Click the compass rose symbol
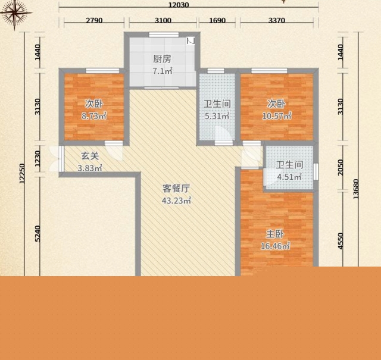coord(15,12)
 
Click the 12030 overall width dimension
coord(179,5)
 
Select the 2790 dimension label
coord(94,20)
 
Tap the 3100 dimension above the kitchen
coord(163,20)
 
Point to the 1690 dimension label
coord(217,20)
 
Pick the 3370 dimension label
coord(276,20)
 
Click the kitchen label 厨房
coord(162,59)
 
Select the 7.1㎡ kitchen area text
coord(163,71)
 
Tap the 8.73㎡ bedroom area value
coord(94,116)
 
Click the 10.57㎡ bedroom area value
coord(276,116)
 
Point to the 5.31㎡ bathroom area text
coord(217,116)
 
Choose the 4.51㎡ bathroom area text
coord(289,177)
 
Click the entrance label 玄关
coord(90,156)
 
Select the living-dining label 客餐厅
coord(176,189)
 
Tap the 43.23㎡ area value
coord(176,201)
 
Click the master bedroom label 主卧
coord(275,234)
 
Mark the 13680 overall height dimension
coord(356,189)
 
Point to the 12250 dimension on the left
coord(22,174)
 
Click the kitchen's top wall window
coord(164,35)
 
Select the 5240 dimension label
coord(38,234)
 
